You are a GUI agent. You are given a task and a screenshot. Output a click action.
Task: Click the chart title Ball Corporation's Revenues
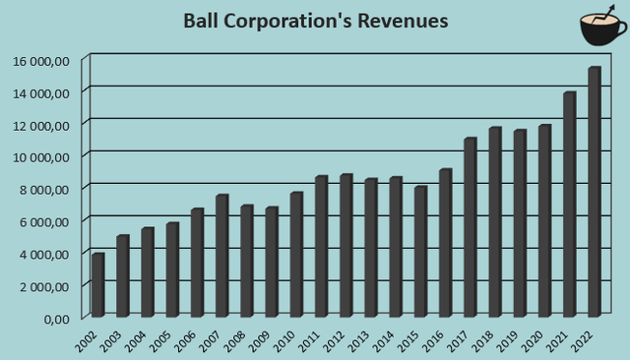tap(315, 21)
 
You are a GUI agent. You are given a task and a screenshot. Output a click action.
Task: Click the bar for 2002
tap(97, 285)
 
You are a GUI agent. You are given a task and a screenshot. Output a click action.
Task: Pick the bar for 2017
tap(471, 227)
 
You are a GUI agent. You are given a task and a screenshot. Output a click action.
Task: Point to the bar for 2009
tap(272, 262)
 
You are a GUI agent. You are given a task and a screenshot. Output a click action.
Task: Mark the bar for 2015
tap(420, 251)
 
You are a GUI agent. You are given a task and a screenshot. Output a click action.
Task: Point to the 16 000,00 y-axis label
tap(41, 60)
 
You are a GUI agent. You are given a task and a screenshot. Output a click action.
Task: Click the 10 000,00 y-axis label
tap(41, 156)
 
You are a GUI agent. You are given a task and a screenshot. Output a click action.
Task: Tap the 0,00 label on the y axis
tap(55, 318)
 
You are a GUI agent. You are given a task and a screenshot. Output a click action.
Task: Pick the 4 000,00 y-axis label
tap(44, 253)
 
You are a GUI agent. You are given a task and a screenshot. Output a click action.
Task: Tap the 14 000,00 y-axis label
tap(41, 92)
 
